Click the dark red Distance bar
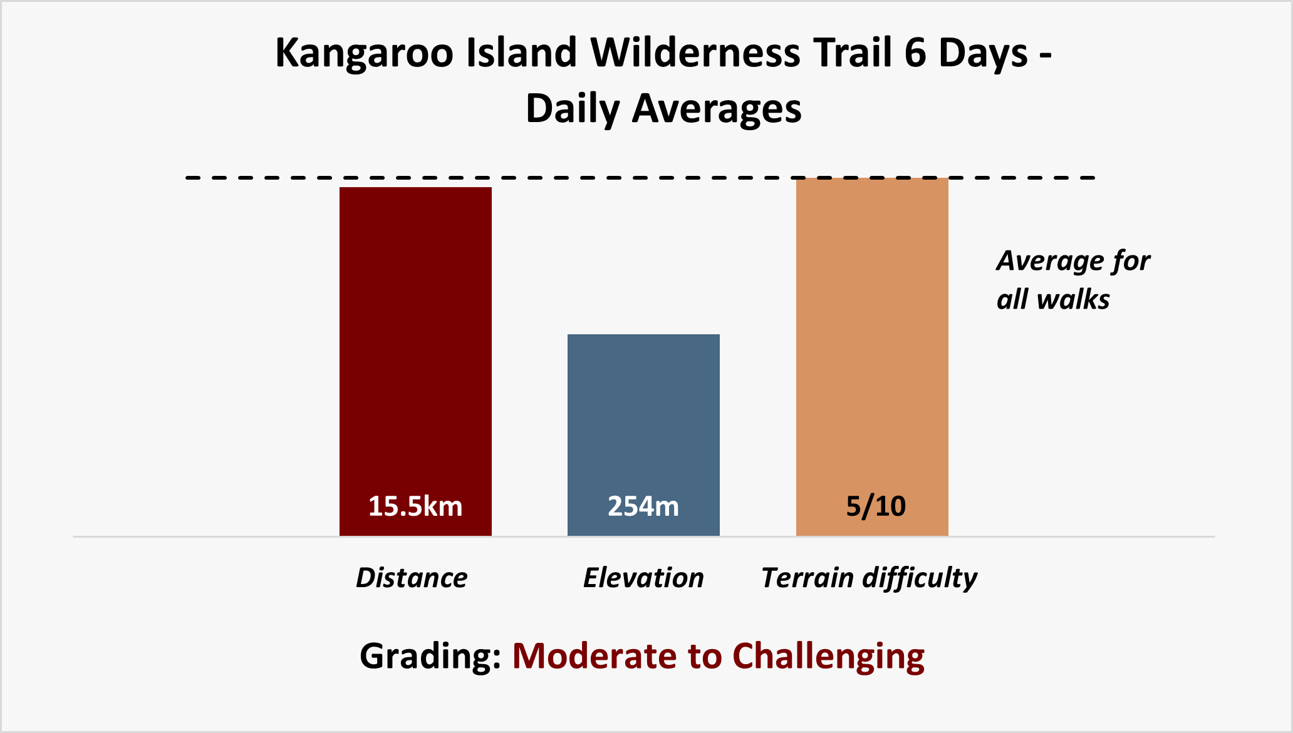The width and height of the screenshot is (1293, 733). pos(415,361)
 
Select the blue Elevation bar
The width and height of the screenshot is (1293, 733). pos(643,435)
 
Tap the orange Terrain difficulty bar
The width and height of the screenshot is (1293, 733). pos(872,357)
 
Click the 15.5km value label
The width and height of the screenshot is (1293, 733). pos(415,506)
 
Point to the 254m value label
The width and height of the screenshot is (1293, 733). pos(643,506)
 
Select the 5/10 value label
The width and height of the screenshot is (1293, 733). pos(876,506)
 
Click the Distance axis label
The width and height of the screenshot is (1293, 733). pos(412,578)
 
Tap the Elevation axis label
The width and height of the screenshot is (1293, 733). pos(643,578)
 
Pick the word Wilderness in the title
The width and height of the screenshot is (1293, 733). pos(695,52)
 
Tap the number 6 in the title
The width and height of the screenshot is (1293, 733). pos(915,52)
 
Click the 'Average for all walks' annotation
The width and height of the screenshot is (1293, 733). pos(1073,280)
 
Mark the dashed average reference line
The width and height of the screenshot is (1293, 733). pos(640,178)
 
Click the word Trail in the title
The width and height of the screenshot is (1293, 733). pos(852,52)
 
